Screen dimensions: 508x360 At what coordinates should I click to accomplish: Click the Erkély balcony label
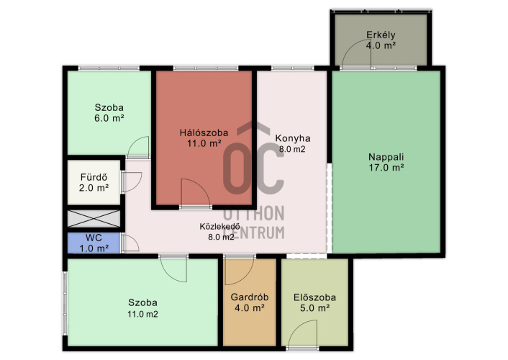tap(381, 35)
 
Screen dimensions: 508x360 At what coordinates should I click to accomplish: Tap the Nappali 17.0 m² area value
tap(386, 168)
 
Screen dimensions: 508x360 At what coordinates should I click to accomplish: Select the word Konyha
tap(293, 138)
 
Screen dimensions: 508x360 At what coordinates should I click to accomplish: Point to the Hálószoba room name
tap(204, 132)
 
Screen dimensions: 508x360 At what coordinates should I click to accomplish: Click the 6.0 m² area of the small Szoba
tap(109, 118)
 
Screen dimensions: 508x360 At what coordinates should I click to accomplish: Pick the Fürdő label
tap(94, 177)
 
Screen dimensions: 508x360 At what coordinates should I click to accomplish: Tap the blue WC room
tap(94, 243)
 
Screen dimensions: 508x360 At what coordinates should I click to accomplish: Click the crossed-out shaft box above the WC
tap(94, 218)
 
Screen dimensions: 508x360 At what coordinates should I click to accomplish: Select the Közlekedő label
tap(219, 226)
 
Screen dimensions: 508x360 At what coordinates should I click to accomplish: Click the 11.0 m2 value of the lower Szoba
tap(142, 314)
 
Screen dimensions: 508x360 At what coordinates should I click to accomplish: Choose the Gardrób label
tap(250, 297)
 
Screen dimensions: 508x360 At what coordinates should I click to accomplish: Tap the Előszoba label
tap(314, 297)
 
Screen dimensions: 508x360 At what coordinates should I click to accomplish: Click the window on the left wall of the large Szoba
tap(65, 303)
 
